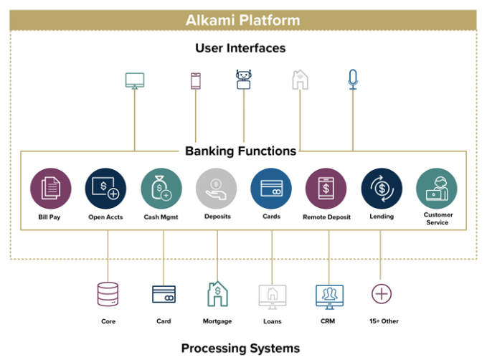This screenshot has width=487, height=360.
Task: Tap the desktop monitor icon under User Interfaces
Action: (x=134, y=80)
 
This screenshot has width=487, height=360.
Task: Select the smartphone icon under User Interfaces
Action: (x=196, y=80)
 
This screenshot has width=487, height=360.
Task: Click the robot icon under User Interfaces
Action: (x=244, y=79)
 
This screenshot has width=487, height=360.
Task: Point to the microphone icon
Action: (x=352, y=79)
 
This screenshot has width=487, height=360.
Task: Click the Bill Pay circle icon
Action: (x=50, y=189)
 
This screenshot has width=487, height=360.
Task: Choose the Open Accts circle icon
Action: (x=106, y=189)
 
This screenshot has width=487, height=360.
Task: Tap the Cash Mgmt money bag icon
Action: (x=161, y=189)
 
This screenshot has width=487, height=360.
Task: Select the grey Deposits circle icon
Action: (x=217, y=189)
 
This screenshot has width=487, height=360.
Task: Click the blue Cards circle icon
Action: (x=271, y=189)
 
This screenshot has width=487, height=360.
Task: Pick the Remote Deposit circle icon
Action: (x=326, y=189)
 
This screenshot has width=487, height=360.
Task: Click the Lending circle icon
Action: (x=382, y=189)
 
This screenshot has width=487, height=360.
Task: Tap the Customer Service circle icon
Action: (x=437, y=189)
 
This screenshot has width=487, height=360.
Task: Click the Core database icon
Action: (x=108, y=294)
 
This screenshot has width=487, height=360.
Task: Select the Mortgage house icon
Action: (x=218, y=294)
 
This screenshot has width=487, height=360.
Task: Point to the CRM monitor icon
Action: (x=329, y=294)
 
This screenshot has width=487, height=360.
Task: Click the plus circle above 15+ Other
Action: (x=382, y=293)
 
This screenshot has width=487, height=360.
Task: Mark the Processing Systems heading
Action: (x=240, y=349)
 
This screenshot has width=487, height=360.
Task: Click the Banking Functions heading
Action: (x=240, y=151)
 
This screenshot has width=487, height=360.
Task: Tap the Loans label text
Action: (x=273, y=321)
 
